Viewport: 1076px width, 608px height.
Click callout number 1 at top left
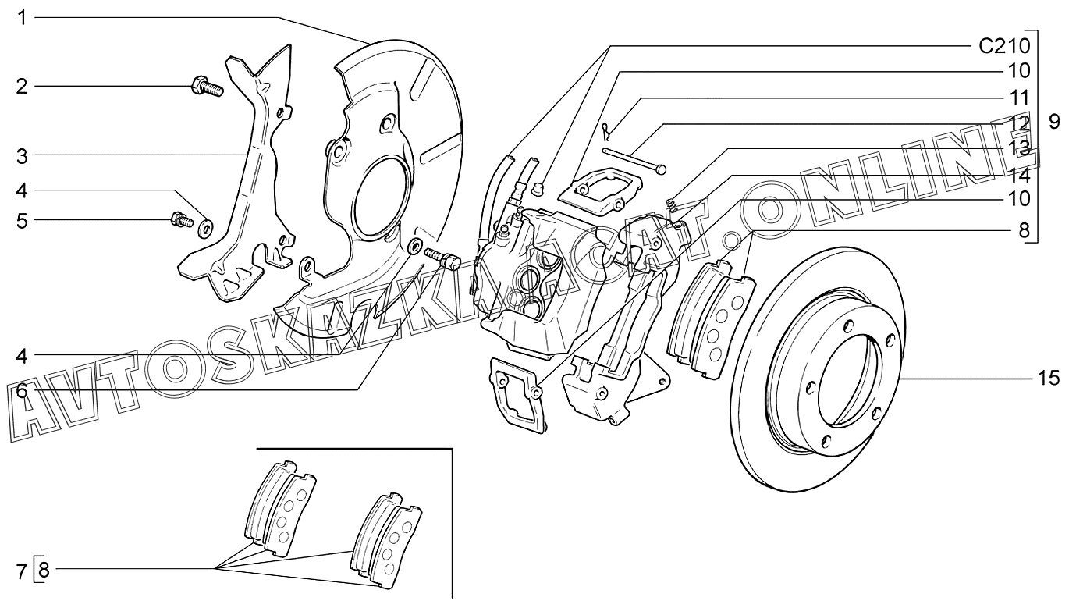[22, 19]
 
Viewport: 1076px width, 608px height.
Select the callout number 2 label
[22, 87]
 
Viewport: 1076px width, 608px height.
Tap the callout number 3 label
[22, 157]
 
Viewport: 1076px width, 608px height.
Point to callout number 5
[22, 221]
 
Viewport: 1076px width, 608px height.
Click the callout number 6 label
[22, 391]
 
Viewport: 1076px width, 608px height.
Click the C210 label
[1005, 46]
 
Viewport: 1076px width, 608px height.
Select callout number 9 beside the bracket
[1054, 122]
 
